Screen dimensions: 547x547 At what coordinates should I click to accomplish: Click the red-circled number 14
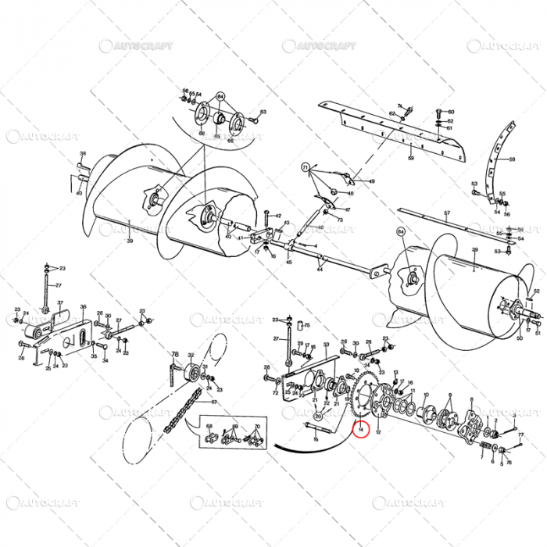360,428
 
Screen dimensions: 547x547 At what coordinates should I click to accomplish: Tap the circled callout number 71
306,166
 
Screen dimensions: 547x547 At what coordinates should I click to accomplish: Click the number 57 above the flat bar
448,213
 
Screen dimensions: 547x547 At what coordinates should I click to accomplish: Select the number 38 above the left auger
83,154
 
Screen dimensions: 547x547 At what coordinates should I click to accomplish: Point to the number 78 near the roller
175,353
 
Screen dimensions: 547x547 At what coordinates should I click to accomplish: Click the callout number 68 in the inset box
209,426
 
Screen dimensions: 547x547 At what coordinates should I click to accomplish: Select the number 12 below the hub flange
379,432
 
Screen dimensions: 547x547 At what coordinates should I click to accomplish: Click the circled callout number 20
318,417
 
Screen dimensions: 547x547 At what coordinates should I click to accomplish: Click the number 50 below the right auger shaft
520,338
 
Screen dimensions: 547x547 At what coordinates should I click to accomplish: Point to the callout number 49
372,181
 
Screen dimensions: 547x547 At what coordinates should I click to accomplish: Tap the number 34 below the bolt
105,360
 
